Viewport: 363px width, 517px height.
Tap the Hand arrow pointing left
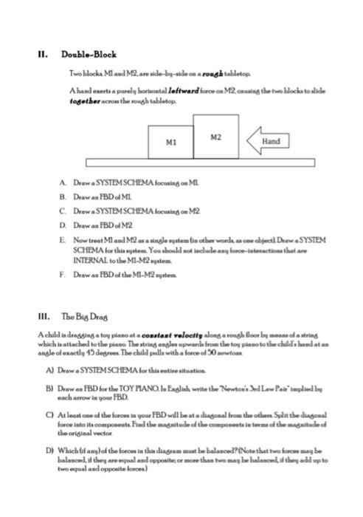coord(267,140)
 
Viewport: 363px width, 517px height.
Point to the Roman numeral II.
coord(43,55)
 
